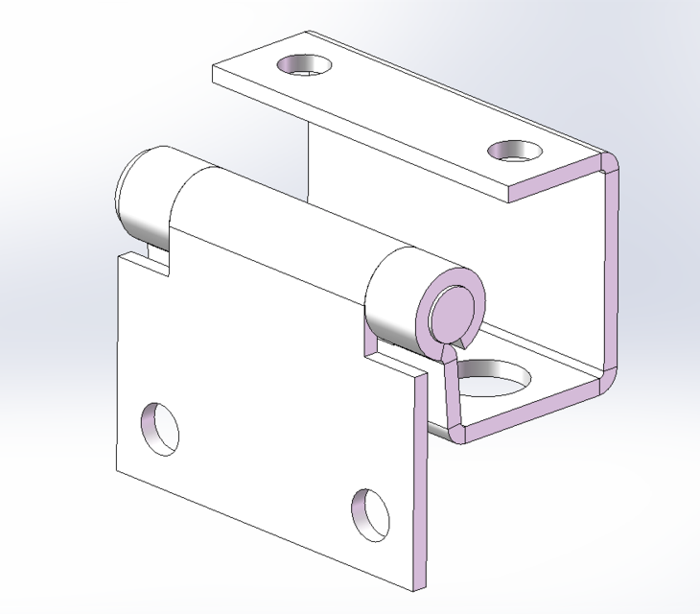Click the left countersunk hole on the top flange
(x=304, y=65)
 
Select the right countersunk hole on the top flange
(x=515, y=151)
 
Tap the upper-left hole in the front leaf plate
(x=160, y=428)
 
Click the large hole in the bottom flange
(x=491, y=374)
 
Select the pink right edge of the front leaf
(x=419, y=480)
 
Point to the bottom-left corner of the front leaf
(x=117, y=471)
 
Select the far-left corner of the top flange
(x=212, y=68)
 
